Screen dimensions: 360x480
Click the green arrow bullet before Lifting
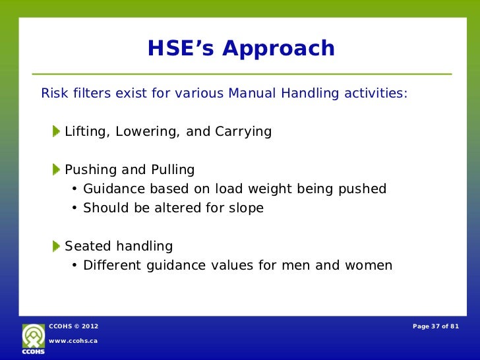(x=57, y=131)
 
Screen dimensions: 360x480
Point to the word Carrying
(x=243, y=132)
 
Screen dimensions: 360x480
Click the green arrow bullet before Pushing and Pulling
(x=57, y=169)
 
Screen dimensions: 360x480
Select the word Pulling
(x=172, y=170)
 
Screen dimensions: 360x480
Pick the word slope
(x=245, y=208)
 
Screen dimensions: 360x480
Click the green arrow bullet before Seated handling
(x=57, y=247)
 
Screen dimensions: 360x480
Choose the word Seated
(x=88, y=247)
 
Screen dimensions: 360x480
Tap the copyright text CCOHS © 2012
(x=74, y=326)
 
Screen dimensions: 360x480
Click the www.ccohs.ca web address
(x=73, y=340)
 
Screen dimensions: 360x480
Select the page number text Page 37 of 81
(x=435, y=326)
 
